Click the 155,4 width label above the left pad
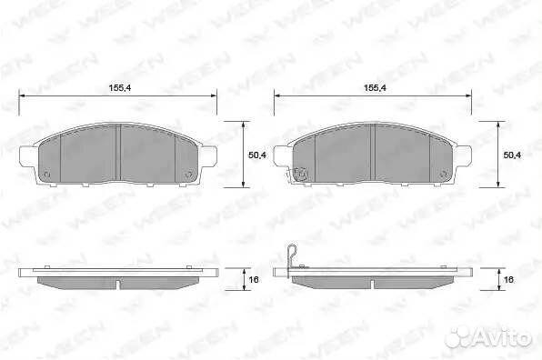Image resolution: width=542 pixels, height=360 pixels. (120, 88)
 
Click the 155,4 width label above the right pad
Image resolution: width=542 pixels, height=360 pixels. (375, 88)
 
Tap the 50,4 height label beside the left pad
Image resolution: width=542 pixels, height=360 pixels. (257, 155)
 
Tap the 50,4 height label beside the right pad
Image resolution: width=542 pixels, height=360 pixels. (512, 155)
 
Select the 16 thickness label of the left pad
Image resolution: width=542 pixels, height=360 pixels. (254, 279)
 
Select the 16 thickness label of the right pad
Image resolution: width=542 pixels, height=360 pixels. (509, 279)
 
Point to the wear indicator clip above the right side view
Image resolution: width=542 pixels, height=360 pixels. (290, 256)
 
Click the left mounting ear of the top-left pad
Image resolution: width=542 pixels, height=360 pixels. (27, 155)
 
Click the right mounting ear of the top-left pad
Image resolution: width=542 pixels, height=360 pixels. (208, 155)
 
